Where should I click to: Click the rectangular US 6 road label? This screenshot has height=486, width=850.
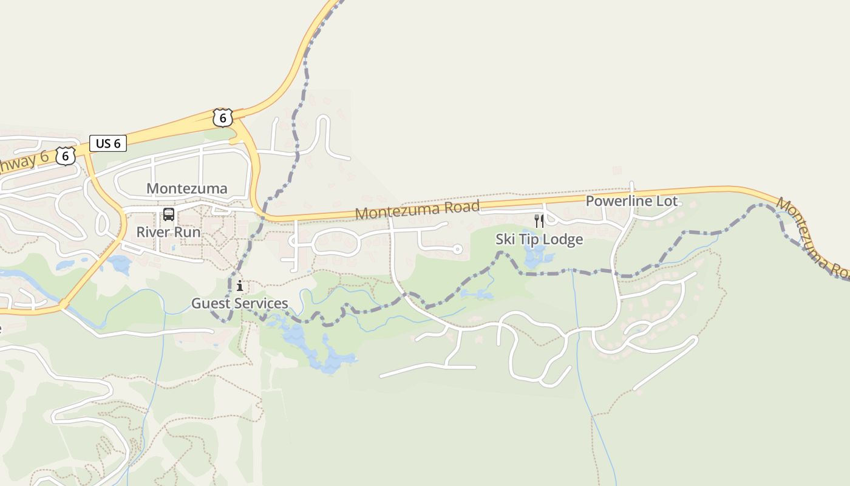pos(108,143)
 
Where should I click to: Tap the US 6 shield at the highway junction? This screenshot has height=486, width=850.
pos(223,118)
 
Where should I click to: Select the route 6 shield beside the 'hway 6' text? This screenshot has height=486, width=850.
pos(66,156)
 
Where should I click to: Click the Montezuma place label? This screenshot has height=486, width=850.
pos(187,188)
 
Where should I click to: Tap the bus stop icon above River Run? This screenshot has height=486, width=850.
pos(169,214)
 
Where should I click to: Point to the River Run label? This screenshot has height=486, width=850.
pos(168,232)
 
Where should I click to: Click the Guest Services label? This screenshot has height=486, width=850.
pos(239,303)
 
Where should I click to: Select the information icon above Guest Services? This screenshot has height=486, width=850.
pos(240,286)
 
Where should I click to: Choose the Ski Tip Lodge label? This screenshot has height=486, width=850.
pos(539,239)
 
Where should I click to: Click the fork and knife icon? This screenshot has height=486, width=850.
pos(539,221)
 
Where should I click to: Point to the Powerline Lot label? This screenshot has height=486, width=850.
pos(631,201)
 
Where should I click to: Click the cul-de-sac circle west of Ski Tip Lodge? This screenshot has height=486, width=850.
pos(458,249)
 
